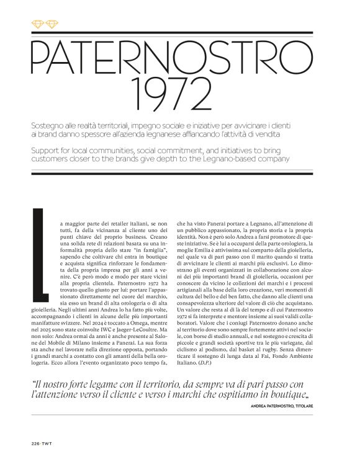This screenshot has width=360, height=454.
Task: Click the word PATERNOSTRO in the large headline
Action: [x=180, y=58]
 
